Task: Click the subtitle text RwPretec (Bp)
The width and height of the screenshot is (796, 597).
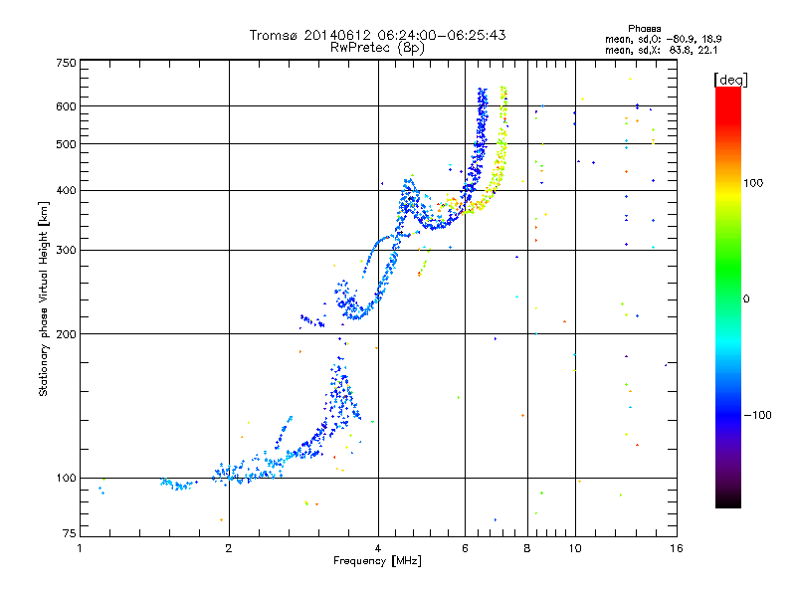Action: click(377, 47)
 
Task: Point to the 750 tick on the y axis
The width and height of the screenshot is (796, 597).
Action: click(66, 63)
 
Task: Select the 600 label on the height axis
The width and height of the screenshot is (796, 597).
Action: click(66, 105)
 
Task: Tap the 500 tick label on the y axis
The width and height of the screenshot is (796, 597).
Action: click(66, 143)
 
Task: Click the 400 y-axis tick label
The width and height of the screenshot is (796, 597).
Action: click(66, 190)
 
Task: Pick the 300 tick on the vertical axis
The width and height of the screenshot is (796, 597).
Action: click(66, 250)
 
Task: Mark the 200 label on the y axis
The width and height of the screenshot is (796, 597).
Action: click(66, 333)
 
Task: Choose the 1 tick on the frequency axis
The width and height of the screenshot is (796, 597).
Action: click(80, 548)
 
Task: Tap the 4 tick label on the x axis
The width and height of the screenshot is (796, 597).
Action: click(378, 548)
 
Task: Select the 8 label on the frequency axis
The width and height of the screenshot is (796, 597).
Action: click(526, 548)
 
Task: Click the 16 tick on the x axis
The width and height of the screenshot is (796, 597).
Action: click(675, 548)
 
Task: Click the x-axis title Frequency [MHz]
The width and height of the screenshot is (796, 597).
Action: click(377, 562)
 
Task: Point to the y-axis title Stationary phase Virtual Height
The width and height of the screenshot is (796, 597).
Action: click(44, 298)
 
